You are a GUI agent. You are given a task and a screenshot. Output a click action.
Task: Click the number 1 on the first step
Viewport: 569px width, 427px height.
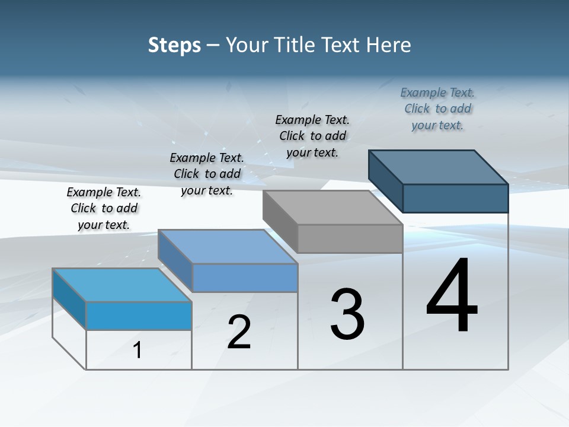pyautogui.click(x=138, y=350)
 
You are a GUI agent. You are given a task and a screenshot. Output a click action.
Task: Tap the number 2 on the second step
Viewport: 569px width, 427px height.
pyautogui.click(x=239, y=332)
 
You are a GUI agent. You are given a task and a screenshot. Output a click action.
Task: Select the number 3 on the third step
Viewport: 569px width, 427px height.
pyautogui.click(x=347, y=314)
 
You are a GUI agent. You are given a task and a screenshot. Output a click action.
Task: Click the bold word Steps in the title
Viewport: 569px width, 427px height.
pyautogui.click(x=174, y=44)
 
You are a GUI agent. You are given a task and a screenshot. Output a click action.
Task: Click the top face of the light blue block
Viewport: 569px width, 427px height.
pyautogui.click(x=122, y=285)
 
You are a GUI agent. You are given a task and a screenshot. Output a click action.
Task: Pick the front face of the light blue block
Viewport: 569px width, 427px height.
pyautogui.click(x=139, y=316)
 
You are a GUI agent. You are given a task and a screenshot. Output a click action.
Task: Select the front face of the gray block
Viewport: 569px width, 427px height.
pyautogui.click(x=350, y=238)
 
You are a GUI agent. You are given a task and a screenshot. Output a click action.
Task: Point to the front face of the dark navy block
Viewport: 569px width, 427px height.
pyautogui.click(x=455, y=198)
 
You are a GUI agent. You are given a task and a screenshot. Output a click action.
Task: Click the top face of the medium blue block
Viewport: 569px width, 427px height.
pyautogui.click(x=228, y=247)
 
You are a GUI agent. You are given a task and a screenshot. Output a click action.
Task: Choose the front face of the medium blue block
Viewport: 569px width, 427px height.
pyautogui.click(x=245, y=278)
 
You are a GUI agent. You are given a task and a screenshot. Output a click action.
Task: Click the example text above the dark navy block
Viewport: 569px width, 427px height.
pyautogui.click(x=437, y=109)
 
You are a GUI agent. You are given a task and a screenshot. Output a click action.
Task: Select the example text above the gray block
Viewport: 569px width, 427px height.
pyautogui.click(x=312, y=136)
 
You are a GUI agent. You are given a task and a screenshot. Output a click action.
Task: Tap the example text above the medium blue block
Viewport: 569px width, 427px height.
pyautogui.click(x=207, y=174)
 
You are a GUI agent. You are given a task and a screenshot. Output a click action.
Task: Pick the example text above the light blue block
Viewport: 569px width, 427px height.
pyautogui.click(x=104, y=208)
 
